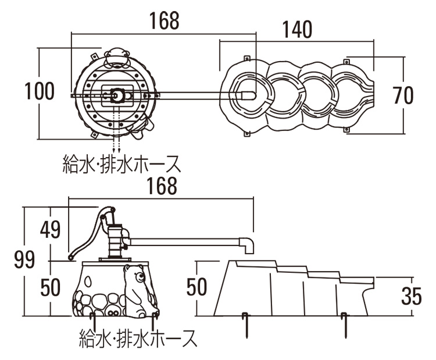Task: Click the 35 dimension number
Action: [411, 297]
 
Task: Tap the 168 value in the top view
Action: [163, 21]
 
